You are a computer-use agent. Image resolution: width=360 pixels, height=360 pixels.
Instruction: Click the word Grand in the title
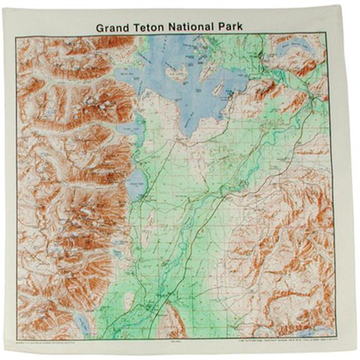(x=113, y=28)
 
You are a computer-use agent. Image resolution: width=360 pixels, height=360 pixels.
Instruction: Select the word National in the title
(x=197, y=28)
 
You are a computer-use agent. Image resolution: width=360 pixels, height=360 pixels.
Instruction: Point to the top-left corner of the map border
(x=17, y=36)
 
